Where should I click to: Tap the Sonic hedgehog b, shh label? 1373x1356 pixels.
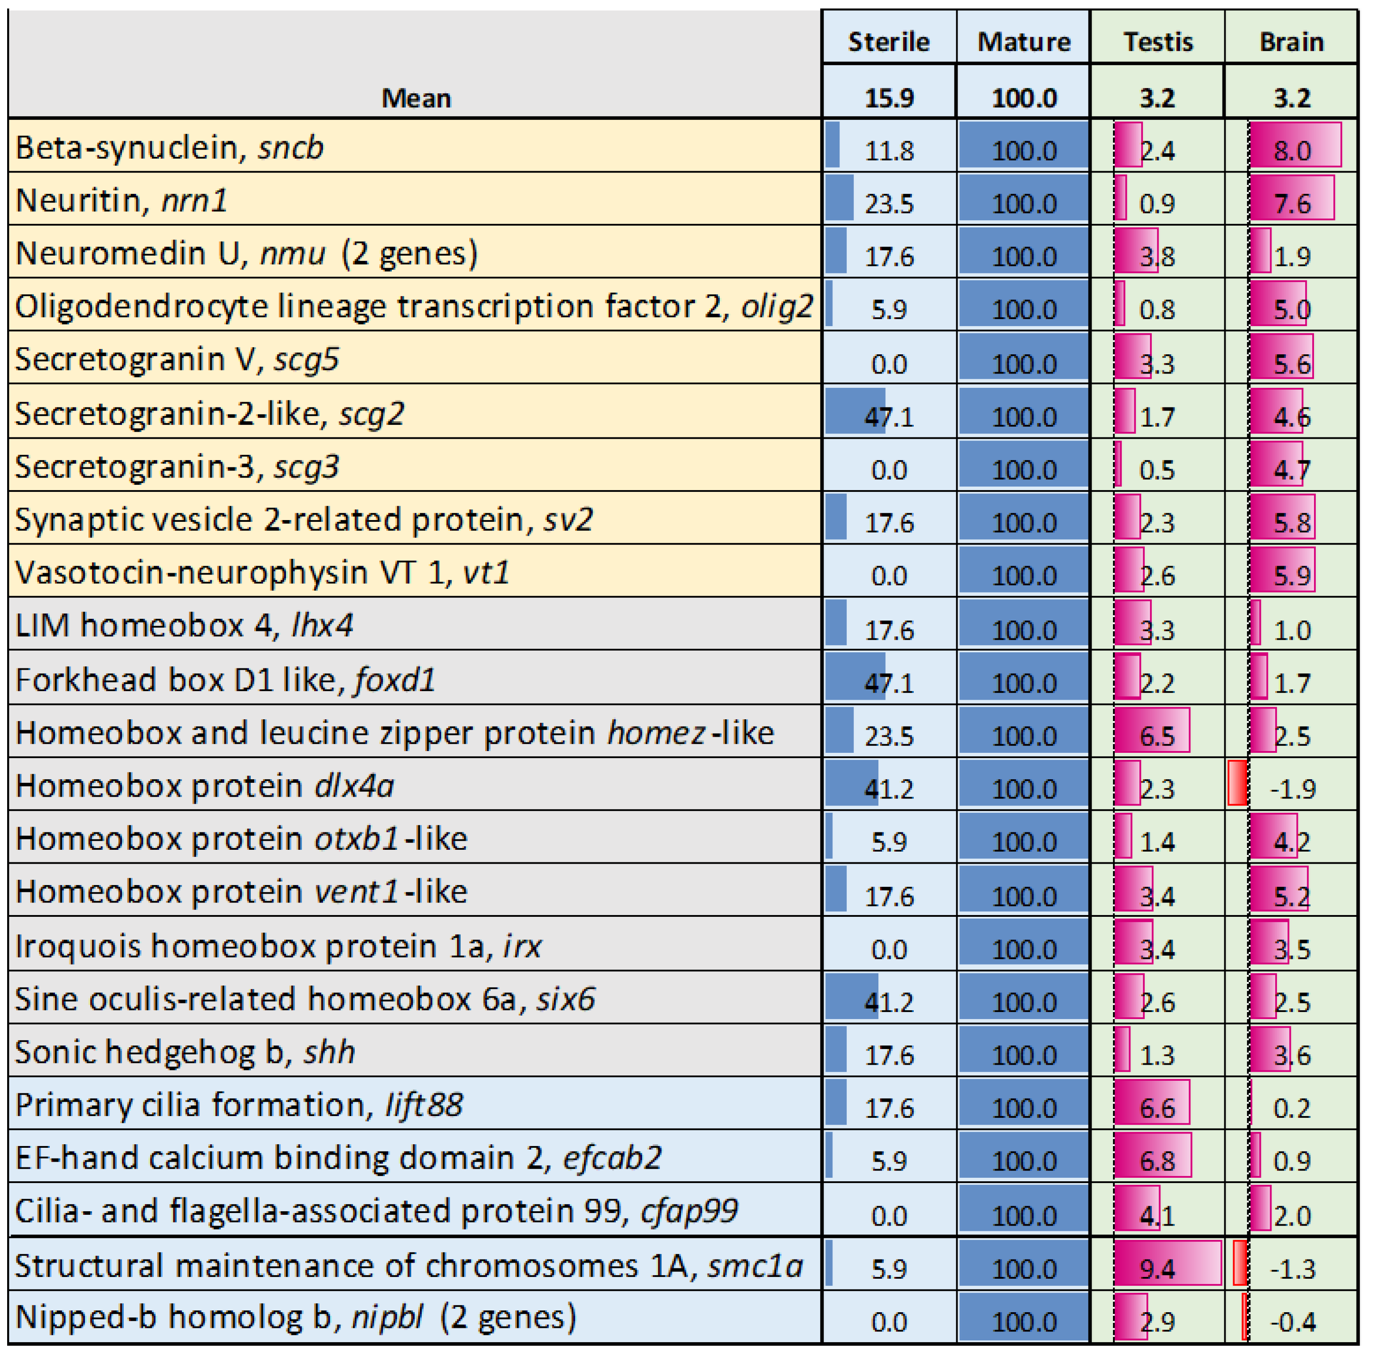pos(185,1052)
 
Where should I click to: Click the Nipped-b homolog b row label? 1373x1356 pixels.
pos(295,1317)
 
